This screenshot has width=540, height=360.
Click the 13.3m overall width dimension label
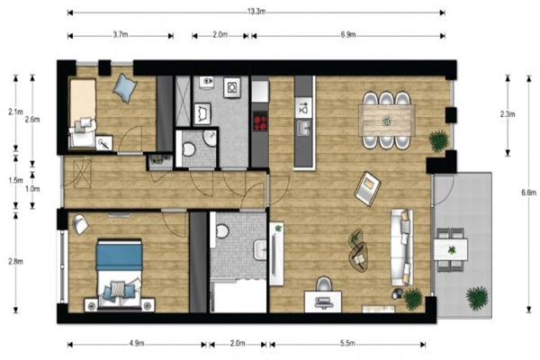256,12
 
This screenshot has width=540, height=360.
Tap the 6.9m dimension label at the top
348,34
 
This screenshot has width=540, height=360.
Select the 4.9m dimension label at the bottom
137,343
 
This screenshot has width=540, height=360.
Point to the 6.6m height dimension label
528,193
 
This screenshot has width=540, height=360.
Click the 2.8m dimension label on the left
16,262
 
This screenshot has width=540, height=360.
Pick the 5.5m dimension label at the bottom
347,343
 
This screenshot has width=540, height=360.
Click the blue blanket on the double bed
119,256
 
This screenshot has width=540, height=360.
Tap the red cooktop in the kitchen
260,121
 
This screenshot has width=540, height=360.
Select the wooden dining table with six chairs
387,121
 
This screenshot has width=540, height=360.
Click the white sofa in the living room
402,247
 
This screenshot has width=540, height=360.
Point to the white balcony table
451,249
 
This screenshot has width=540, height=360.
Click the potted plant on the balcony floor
477,297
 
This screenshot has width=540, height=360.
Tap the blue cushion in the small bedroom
125,87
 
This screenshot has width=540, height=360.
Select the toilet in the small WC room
188,148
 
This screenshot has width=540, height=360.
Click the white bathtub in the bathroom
238,297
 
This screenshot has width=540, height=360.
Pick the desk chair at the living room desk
323,283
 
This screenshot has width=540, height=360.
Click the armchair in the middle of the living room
368,188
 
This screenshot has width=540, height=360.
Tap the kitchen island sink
304,128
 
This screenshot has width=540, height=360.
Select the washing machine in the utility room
232,87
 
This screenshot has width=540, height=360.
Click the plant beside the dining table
439,140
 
